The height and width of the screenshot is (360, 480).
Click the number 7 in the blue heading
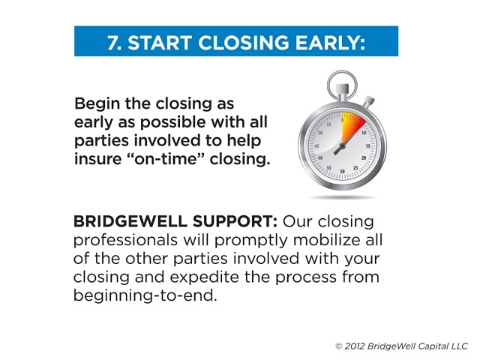(114, 42)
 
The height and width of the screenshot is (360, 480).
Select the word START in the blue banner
(160, 42)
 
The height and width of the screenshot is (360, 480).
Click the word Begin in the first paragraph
(97, 104)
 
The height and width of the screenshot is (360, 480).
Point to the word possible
(172, 123)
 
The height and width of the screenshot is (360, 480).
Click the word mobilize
(325, 240)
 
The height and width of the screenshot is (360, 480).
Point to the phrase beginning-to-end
(145, 296)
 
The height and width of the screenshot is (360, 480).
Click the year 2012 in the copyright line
(355, 346)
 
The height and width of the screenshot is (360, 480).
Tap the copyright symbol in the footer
(338, 346)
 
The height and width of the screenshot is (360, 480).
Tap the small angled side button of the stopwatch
(368, 102)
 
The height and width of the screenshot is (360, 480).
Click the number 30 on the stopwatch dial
(342, 171)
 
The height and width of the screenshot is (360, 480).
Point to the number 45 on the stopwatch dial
(316, 146)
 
